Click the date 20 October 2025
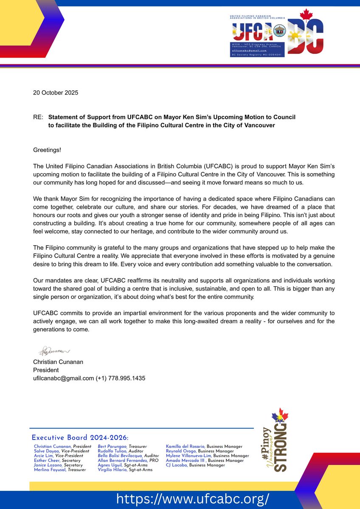[56, 92]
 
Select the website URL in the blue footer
[192, 498]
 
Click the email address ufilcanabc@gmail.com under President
[63, 378]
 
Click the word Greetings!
[47, 150]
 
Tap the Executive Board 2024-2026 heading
[80, 438]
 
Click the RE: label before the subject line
[39, 117]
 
